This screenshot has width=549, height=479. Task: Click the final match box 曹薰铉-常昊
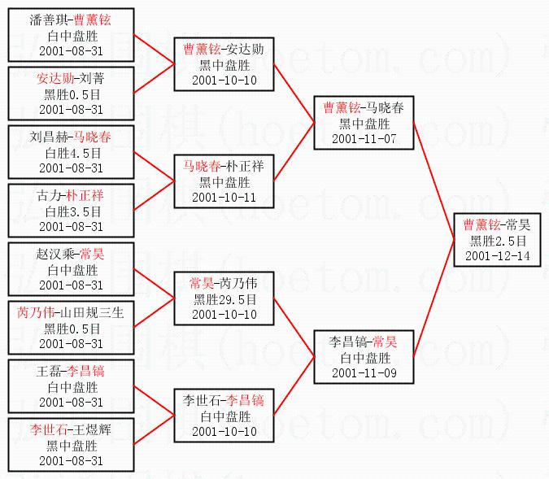coord(497,240)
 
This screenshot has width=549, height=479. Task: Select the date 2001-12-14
coord(497,256)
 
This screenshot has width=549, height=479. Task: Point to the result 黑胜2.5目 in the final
coord(497,241)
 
